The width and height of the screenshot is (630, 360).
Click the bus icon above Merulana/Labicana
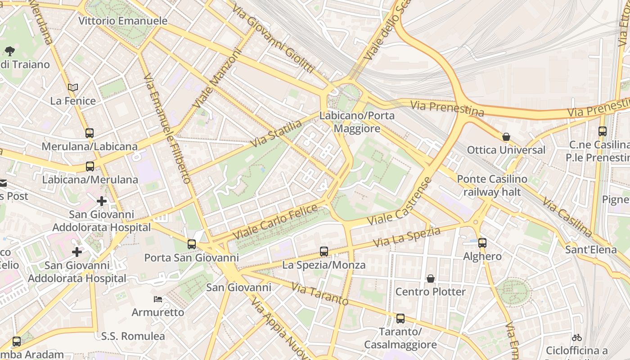[x=90, y=133]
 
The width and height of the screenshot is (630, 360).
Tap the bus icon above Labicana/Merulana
[x=90, y=166]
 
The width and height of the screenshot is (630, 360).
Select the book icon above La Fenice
[x=73, y=87]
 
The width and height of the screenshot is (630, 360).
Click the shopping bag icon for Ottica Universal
[x=506, y=136]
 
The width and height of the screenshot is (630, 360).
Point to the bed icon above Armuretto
[x=157, y=299]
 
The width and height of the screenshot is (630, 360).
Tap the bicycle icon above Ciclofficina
[x=577, y=337]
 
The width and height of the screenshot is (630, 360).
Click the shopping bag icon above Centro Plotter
[x=431, y=279]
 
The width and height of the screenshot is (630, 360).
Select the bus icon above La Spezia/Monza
[x=324, y=252]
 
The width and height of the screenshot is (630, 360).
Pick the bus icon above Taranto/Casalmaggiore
[x=400, y=319]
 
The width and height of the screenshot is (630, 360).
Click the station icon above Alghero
[x=482, y=243]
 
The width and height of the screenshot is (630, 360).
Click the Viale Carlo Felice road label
[x=275, y=222]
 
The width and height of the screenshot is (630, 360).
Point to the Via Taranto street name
[x=319, y=294]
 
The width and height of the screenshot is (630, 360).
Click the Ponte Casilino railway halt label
[x=492, y=185]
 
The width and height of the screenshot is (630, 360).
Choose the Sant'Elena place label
[x=591, y=249]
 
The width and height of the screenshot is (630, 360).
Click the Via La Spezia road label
[x=407, y=237]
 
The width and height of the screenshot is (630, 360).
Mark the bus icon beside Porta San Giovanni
[x=192, y=244]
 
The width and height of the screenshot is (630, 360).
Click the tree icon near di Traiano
[x=9, y=51]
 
